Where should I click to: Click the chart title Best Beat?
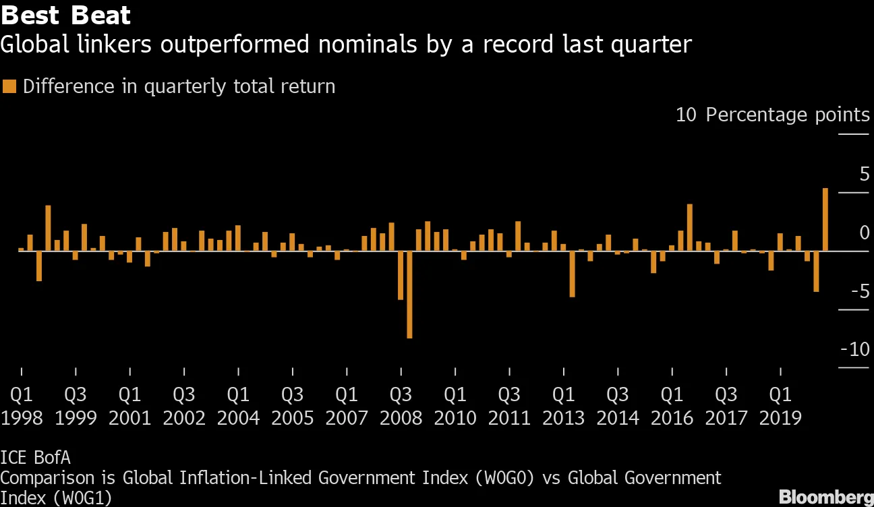65,16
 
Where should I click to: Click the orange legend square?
9,86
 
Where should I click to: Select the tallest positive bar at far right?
825,220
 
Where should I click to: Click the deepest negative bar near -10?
409,295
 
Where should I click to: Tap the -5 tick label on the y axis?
860,291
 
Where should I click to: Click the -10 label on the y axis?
855,349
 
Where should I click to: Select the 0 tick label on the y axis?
865,233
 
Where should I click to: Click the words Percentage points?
788,115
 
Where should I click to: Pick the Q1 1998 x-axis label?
22,406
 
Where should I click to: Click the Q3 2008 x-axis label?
401,406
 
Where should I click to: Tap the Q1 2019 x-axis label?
780,406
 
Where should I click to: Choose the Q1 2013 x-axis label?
563,406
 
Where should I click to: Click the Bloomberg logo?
826,497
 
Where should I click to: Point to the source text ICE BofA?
35,458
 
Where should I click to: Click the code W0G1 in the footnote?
82,498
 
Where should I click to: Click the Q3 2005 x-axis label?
292,406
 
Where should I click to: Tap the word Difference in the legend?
69,86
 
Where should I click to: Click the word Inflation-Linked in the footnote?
245,478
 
